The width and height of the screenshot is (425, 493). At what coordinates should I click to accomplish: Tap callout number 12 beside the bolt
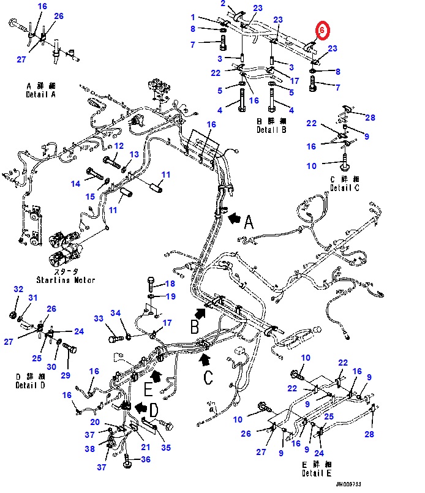[x=119, y=146]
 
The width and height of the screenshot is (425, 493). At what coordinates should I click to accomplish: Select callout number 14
[x=75, y=184]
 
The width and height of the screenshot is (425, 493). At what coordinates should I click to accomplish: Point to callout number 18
[x=170, y=284]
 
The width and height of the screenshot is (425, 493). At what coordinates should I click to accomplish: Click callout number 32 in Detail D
[x=18, y=289]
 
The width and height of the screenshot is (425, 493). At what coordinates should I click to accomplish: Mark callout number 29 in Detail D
[x=66, y=375]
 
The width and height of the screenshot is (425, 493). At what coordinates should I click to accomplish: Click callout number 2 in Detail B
[x=223, y=4]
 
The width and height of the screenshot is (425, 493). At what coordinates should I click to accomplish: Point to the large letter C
[x=208, y=377]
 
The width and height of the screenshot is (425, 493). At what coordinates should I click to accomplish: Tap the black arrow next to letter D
[x=141, y=407]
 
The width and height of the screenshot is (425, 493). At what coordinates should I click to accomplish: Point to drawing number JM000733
[x=348, y=484]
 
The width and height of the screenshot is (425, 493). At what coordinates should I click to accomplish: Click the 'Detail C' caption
[x=345, y=187]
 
